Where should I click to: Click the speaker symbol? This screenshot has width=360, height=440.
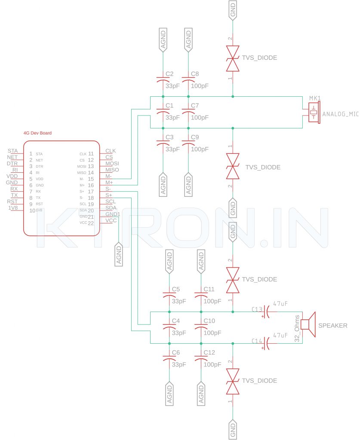click(309, 324)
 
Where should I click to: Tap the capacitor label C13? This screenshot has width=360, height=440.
click(257, 309)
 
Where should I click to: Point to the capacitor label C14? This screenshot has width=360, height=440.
click(257, 341)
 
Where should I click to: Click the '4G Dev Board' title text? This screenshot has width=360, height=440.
click(37, 133)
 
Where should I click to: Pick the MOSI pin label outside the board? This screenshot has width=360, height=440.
click(112, 164)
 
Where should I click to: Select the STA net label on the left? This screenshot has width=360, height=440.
click(12, 151)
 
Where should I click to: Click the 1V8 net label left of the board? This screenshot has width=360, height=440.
click(13, 208)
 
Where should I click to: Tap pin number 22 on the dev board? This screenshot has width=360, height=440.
click(91, 223)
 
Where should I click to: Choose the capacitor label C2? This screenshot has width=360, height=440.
click(169, 74)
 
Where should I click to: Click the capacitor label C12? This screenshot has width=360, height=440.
click(209, 352)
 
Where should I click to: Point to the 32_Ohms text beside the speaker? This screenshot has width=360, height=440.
click(297, 328)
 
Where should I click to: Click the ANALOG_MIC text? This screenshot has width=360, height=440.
click(340, 114)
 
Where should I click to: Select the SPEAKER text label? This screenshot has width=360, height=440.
click(332, 326)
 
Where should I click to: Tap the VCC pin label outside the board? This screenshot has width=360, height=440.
click(111, 220)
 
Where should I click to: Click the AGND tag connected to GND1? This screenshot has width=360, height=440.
click(119, 254)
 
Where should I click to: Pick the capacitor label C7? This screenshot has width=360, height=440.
click(195, 105)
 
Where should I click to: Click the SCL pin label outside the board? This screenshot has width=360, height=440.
click(111, 202)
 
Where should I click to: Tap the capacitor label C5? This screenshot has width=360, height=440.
click(175, 289)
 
